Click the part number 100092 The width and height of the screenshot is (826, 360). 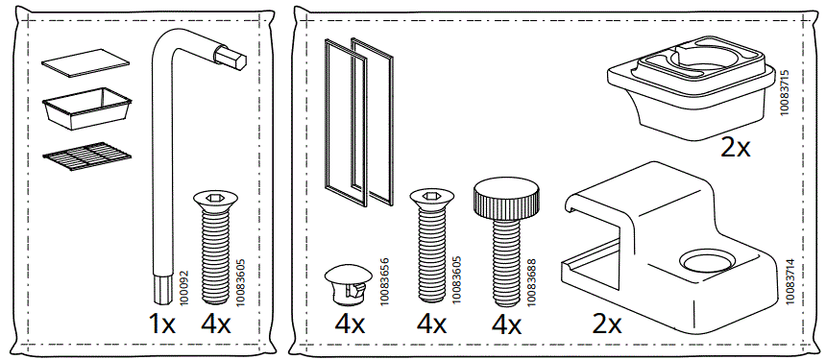[185, 284]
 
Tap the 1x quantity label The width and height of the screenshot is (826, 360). [161, 323]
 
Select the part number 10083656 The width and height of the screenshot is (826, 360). [384, 283]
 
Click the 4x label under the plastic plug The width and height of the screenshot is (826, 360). [350, 324]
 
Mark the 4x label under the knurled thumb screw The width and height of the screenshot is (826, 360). [505, 324]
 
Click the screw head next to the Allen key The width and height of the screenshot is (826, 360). [215, 200]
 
